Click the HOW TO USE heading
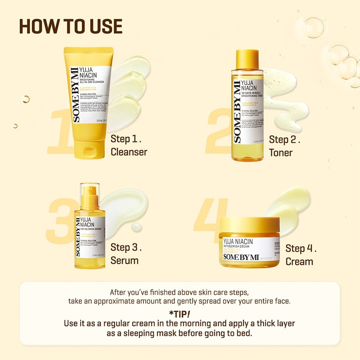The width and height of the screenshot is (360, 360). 71,27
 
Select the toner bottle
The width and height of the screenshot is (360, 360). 247,110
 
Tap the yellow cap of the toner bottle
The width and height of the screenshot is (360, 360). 247,60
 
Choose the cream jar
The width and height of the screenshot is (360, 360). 250,245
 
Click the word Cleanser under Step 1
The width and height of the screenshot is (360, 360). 129,152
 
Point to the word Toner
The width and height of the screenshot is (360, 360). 281,153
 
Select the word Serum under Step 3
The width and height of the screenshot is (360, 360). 124,261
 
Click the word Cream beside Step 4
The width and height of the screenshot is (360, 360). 299,262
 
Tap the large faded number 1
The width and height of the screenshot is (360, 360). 59,131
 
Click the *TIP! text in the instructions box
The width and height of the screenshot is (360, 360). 179,314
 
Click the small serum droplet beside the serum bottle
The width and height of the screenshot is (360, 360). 136,227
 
